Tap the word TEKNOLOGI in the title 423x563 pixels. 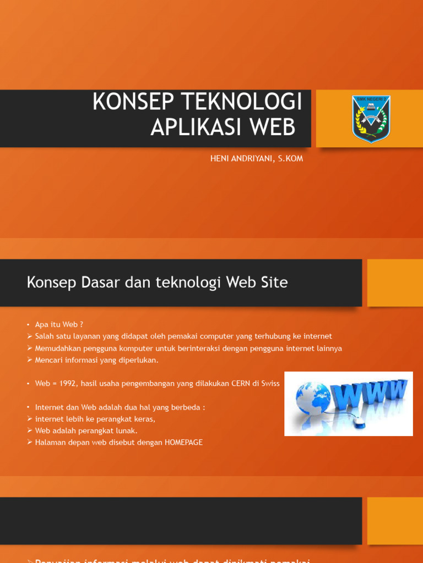241,102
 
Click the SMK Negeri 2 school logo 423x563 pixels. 371,119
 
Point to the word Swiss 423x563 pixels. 270,384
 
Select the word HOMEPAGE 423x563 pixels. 183,443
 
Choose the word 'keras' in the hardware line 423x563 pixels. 145,419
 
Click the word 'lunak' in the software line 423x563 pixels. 127,430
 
